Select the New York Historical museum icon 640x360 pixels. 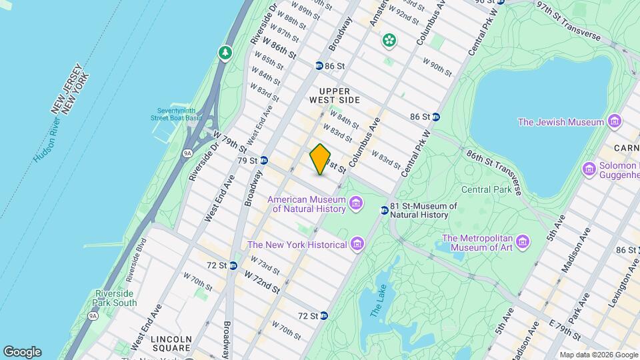(x=357, y=244)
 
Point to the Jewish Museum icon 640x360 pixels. (x=614, y=121)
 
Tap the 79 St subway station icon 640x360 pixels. (x=264, y=160)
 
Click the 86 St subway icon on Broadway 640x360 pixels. (x=319, y=66)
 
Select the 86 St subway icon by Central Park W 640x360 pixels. (x=435, y=117)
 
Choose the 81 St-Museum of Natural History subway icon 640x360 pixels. (x=384, y=210)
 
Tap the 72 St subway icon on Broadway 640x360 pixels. (x=233, y=265)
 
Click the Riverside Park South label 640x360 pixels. (x=115, y=298)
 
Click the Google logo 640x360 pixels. (x=22, y=352)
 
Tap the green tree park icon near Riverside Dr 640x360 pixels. (x=226, y=53)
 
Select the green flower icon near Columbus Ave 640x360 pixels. (x=389, y=41)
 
